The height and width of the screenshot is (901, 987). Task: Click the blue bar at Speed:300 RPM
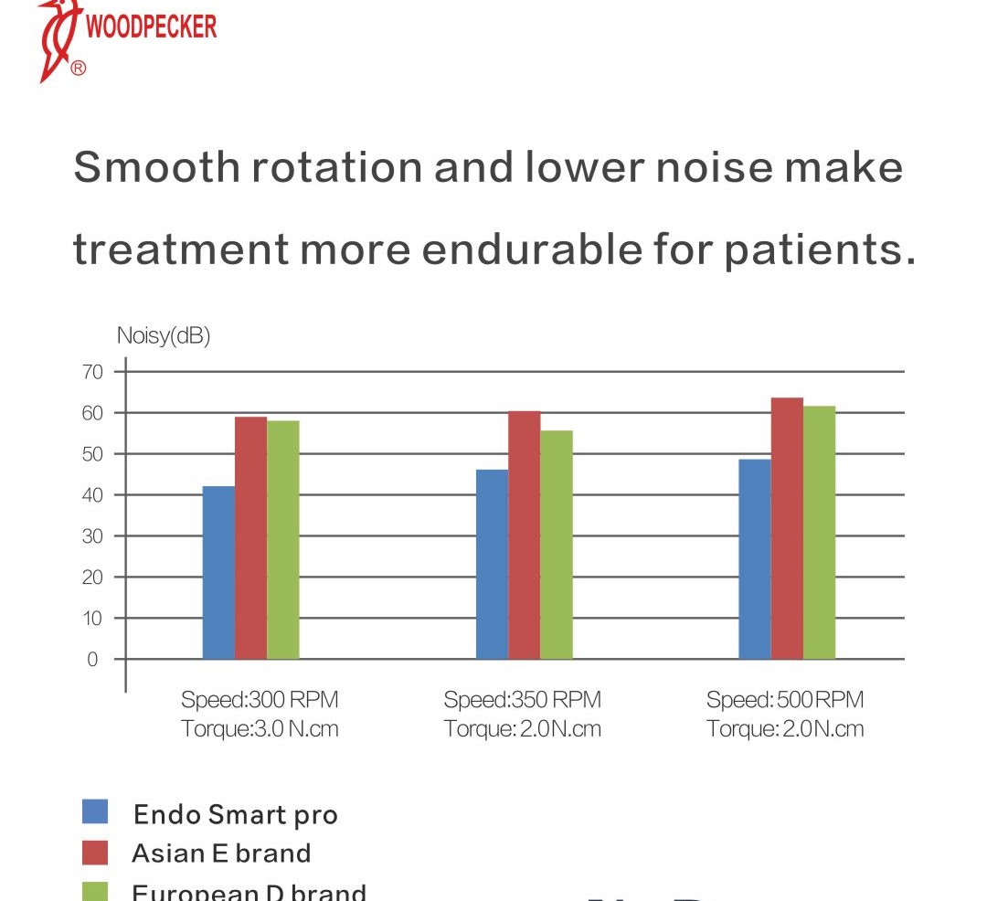(x=218, y=572)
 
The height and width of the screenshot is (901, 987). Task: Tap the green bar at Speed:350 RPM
(x=557, y=545)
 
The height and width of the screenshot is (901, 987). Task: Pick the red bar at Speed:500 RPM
(x=787, y=528)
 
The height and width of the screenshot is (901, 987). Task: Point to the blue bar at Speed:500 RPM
(x=755, y=558)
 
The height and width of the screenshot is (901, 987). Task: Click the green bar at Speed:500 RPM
(x=819, y=532)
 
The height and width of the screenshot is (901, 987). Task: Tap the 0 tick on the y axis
(x=93, y=659)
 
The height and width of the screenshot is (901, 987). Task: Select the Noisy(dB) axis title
(x=164, y=335)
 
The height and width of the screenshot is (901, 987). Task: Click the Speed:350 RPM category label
(x=523, y=700)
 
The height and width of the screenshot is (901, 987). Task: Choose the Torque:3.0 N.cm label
(x=260, y=729)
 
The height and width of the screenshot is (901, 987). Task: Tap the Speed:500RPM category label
(x=785, y=700)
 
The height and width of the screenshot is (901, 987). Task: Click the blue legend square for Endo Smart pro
(x=95, y=811)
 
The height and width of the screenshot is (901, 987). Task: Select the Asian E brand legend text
(x=221, y=853)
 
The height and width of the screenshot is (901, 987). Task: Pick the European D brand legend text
(x=249, y=891)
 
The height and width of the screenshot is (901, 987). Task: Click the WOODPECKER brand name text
(x=151, y=26)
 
